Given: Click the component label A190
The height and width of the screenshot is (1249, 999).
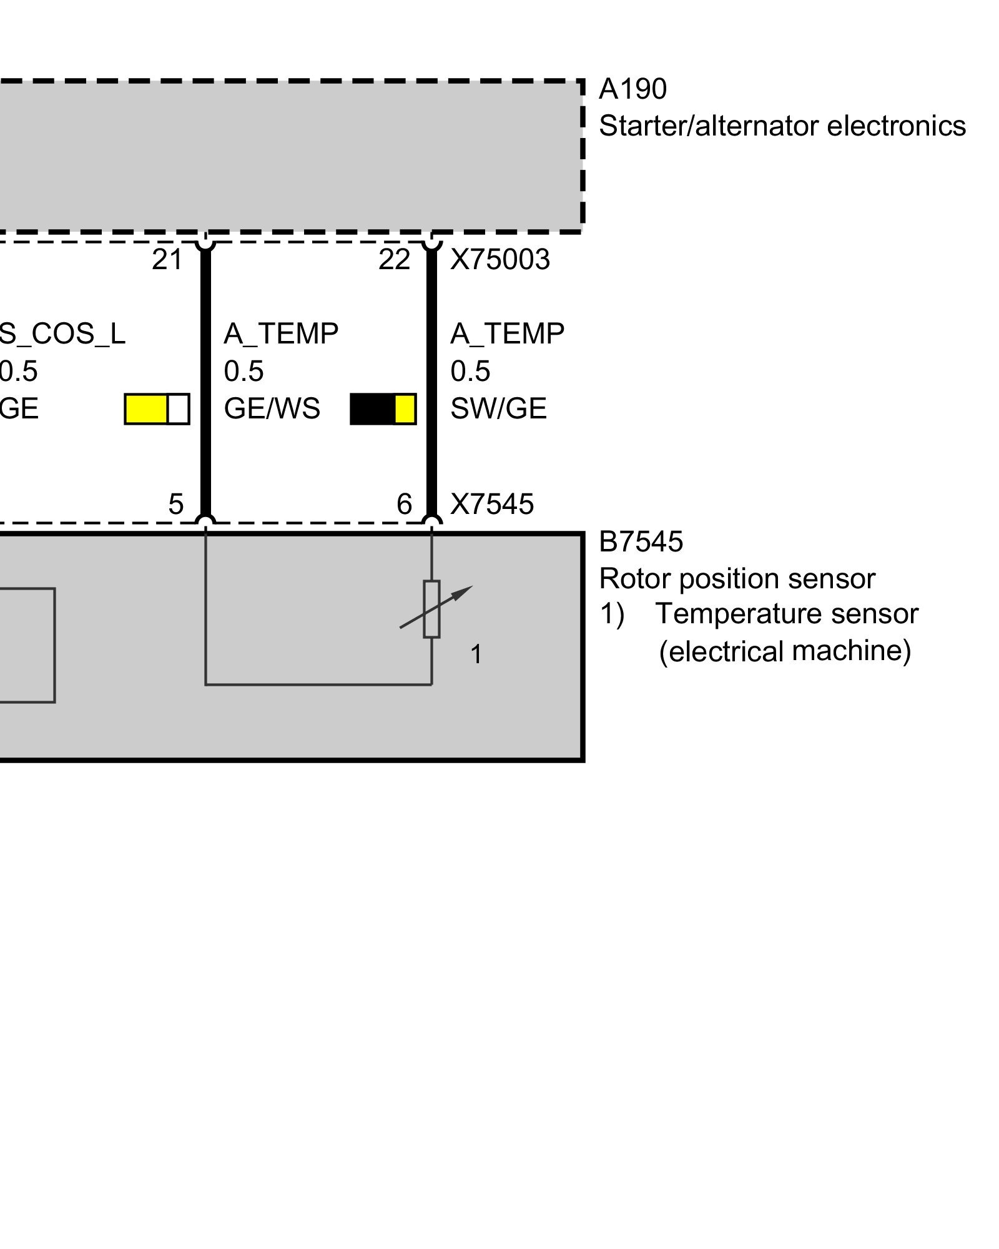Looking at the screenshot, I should tap(632, 89).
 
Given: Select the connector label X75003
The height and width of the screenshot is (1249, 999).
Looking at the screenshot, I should tap(500, 259).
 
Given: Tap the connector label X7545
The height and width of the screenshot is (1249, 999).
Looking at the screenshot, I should tap(492, 504).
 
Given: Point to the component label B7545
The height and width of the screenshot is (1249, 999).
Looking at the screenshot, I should tap(641, 541).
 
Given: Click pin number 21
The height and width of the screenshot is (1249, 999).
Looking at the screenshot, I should tap(167, 259).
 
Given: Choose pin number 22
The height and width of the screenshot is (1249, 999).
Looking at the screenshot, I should tap(394, 259).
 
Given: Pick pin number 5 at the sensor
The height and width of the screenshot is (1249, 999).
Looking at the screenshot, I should tap(176, 504).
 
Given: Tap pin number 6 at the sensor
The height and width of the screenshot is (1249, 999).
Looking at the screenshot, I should tap(405, 504).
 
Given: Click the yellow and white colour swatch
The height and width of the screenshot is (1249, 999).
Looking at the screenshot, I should tap(157, 409).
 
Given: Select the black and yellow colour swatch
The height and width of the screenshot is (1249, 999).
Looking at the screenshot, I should tap(383, 409).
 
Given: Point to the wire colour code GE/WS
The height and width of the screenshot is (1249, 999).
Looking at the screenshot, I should tap(272, 408).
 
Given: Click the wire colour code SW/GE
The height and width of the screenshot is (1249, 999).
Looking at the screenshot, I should tap(498, 408).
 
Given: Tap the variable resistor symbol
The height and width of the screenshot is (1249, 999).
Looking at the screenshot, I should tap(431, 609).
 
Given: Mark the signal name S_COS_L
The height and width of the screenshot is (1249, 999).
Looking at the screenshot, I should tap(62, 333).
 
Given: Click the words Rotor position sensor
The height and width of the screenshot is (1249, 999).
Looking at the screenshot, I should tap(737, 578).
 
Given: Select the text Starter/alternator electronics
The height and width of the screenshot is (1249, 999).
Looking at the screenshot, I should tap(782, 126).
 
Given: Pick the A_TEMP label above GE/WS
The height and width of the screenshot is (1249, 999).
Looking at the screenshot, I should tap(281, 333).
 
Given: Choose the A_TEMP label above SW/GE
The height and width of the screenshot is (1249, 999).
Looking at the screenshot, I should tap(507, 333).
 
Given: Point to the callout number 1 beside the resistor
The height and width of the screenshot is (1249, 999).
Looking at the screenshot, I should tap(476, 654).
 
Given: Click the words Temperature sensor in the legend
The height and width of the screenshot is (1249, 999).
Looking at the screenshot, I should tap(786, 614).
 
